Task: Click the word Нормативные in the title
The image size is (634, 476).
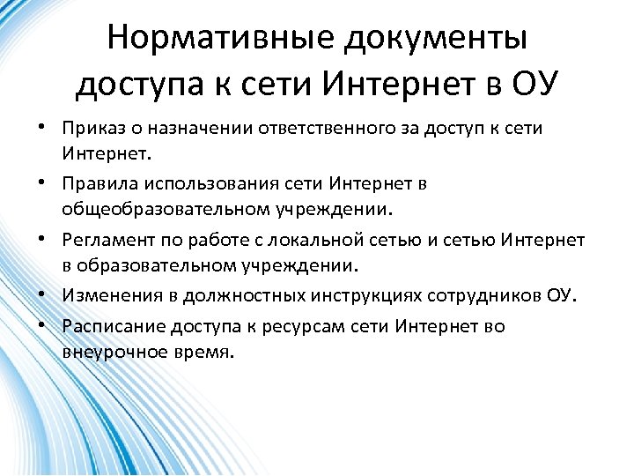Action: (x=219, y=38)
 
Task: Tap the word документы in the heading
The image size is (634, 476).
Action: (x=435, y=38)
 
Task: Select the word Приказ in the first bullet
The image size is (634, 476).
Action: (x=92, y=129)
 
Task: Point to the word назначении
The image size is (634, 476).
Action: (x=190, y=129)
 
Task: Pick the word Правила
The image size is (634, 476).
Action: (x=99, y=185)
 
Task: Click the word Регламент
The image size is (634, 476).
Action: (x=105, y=241)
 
